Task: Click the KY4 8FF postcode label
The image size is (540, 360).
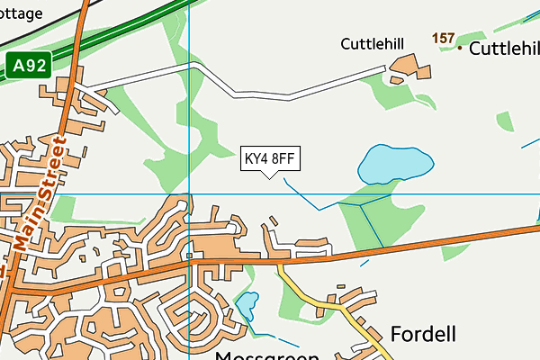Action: tap(270, 158)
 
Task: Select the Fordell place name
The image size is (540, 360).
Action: tap(423, 334)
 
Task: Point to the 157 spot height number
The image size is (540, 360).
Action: tap(443, 39)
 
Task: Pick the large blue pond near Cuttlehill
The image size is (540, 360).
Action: tap(395, 163)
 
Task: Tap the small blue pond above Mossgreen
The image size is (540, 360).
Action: tap(247, 307)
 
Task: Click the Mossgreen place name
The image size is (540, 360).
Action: tap(267, 356)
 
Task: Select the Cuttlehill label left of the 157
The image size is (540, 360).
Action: tap(371, 43)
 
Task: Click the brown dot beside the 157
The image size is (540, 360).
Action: tap(460, 48)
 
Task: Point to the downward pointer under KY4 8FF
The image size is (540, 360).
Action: tap(269, 174)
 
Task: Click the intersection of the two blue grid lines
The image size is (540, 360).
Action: tap(191, 193)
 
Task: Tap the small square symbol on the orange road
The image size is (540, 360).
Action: tap(190, 256)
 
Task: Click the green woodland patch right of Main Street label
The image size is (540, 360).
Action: tap(63, 209)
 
